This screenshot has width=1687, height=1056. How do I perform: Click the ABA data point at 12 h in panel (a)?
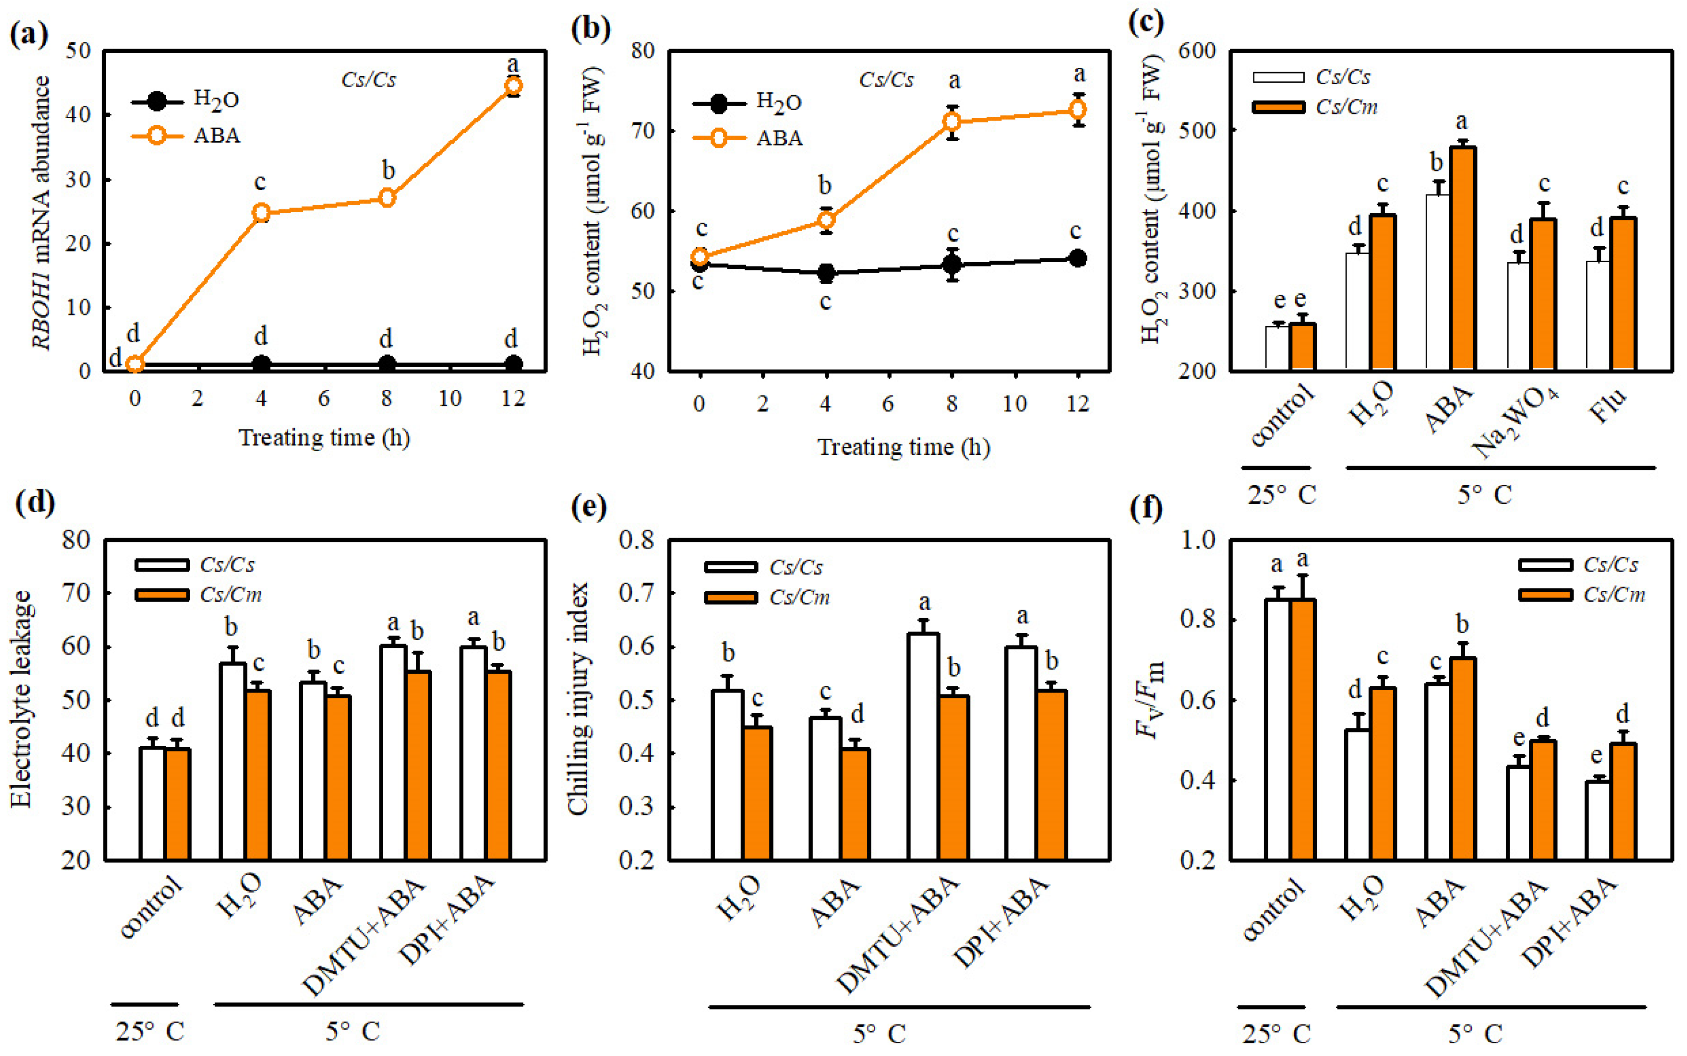513,86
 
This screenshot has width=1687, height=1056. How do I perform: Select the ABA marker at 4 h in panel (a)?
261,213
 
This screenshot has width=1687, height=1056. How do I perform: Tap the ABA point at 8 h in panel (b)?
952,121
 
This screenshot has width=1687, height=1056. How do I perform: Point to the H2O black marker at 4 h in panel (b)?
826,273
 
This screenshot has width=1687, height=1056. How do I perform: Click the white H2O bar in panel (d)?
233,761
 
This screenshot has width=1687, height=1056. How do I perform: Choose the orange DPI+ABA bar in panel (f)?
1623,801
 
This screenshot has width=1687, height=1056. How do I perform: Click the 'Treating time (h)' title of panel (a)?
324,438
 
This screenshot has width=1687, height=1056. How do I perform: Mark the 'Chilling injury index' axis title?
578,698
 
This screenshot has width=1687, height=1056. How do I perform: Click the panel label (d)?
34,502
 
